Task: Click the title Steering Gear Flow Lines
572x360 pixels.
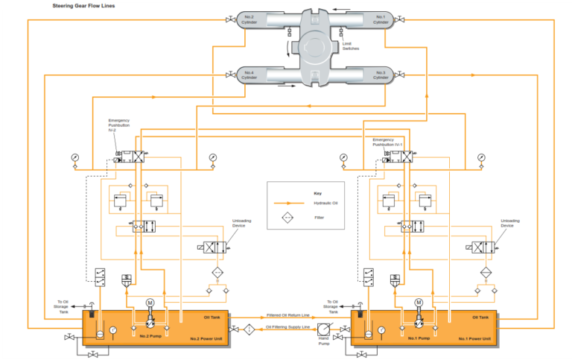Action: click(83, 5)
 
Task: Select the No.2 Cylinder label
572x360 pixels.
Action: click(248, 19)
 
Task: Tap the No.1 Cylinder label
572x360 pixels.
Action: click(381, 19)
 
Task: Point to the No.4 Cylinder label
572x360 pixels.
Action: click(248, 75)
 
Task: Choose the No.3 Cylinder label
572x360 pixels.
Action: click(381, 75)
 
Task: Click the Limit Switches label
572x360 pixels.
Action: click(351, 46)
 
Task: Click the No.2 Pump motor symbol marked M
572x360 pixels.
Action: click(150, 302)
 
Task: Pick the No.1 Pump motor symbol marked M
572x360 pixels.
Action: click(418, 302)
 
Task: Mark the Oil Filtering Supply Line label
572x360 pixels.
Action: click(288, 327)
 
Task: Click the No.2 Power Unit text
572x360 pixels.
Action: click(205, 339)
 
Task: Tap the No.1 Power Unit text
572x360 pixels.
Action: click(475, 339)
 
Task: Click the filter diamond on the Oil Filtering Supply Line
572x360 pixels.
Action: click(249, 328)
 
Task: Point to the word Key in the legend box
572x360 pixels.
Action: click(318, 192)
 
